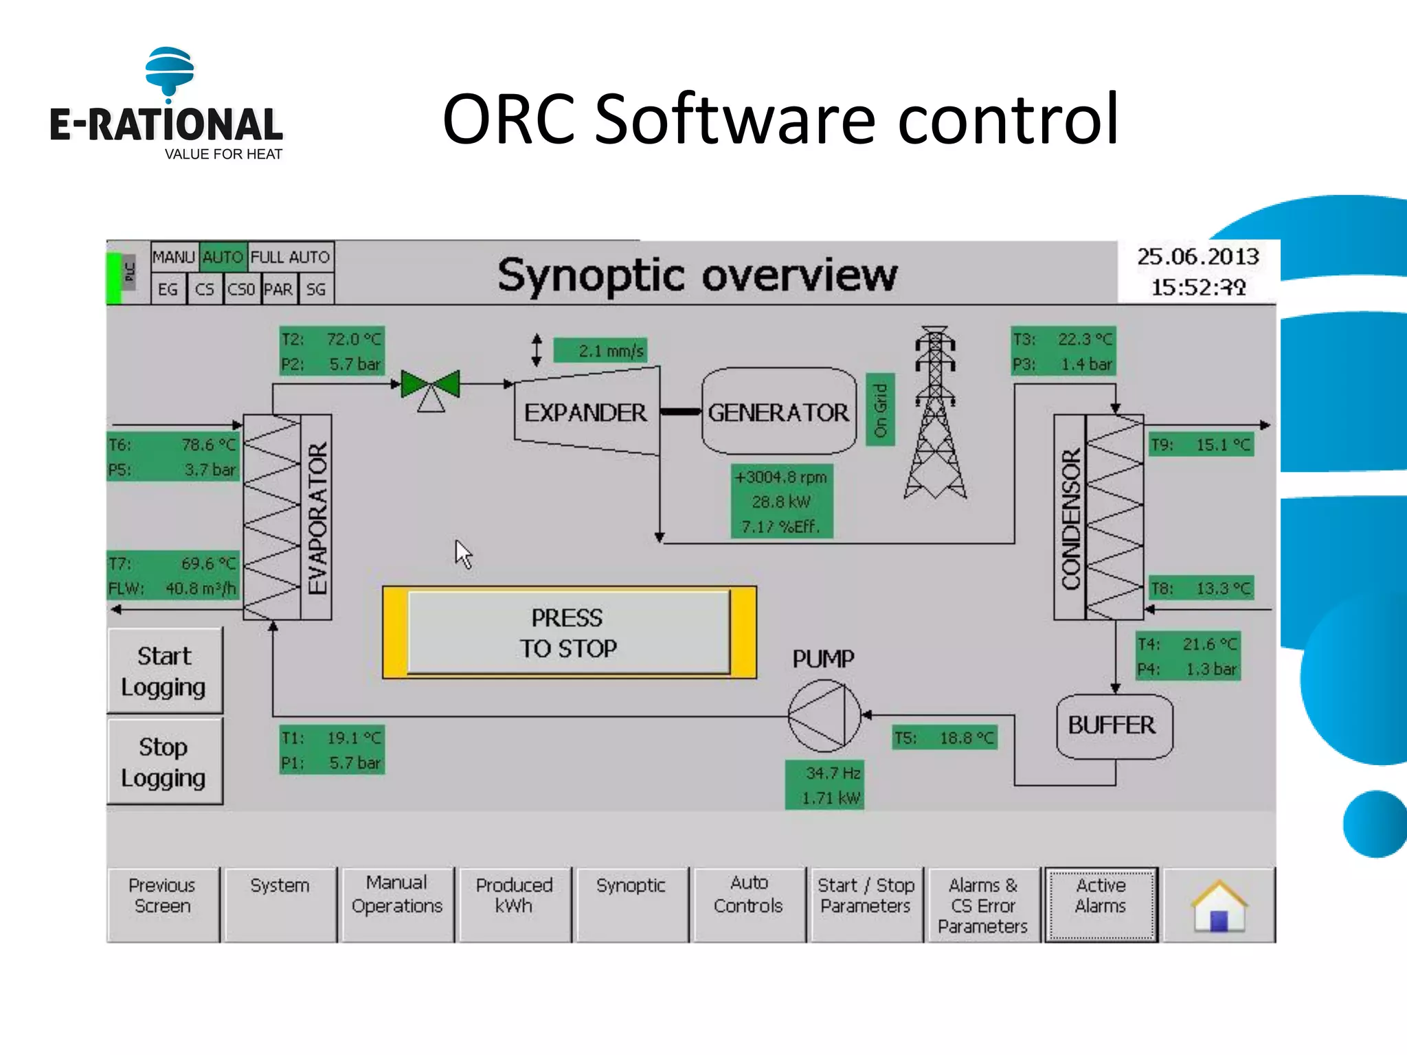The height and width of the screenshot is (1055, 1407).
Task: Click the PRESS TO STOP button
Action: (x=569, y=633)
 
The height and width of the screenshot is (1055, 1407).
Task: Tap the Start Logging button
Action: (x=165, y=671)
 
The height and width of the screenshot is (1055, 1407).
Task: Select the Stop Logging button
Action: (x=165, y=762)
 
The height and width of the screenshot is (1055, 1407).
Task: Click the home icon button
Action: (x=1219, y=905)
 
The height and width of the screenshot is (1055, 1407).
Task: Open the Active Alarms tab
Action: (x=1101, y=905)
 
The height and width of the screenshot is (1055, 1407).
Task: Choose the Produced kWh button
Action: (x=514, y=905)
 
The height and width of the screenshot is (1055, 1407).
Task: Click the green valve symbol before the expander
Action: (x=431, y=385)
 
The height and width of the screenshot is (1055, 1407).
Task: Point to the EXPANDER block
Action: (x=586, y=412)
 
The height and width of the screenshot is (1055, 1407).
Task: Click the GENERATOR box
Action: (x=778, y=412)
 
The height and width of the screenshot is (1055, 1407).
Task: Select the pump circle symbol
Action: (x=824, y=716)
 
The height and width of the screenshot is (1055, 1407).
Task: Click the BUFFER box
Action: (x=1113, y=726)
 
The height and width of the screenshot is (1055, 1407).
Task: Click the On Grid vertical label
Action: (x=880, y=410)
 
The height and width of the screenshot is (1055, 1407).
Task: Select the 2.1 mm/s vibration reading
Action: (x=600, y=351)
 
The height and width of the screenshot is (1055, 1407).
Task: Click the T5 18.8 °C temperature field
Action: (x=945, y=738)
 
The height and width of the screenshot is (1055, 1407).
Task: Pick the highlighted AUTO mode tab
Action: (x=223, y=258)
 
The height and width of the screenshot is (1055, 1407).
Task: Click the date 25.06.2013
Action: (x=1197, y=257)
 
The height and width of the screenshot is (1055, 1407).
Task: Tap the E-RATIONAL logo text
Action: (x=166, y=125)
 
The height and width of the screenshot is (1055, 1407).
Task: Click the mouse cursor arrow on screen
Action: (x=462, y=552)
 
